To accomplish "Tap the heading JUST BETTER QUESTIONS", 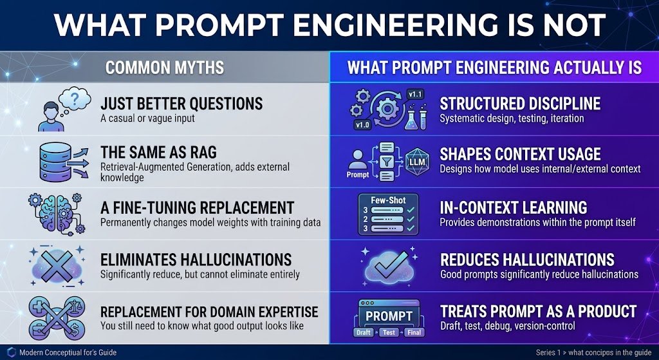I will (181, 104).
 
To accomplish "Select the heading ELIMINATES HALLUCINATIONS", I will (196, 260).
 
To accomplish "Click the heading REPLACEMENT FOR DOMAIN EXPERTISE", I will (209, 312).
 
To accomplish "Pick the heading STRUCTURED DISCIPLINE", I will (520, 104).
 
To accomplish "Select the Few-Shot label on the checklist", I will (388, 200).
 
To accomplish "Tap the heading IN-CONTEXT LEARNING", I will (514, 208).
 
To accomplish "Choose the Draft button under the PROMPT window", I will (364, 333).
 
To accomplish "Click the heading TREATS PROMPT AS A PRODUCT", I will (539, 312).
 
